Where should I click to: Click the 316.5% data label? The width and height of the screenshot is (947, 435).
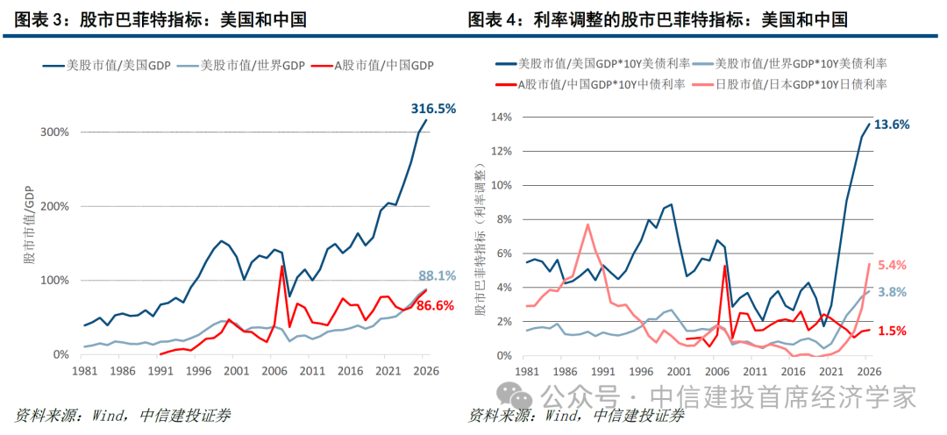click(x=434, y=109)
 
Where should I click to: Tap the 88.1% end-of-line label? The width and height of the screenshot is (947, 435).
click(x=437, y=275)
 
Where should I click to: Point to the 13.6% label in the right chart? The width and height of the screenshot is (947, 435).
click(x=892, y=125)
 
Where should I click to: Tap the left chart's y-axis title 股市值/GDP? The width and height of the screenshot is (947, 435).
click(x=28, y=226)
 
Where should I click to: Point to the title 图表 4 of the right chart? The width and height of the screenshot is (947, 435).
click(x=501, y=20)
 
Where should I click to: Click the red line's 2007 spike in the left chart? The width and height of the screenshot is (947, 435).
click(x=282, y=267)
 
